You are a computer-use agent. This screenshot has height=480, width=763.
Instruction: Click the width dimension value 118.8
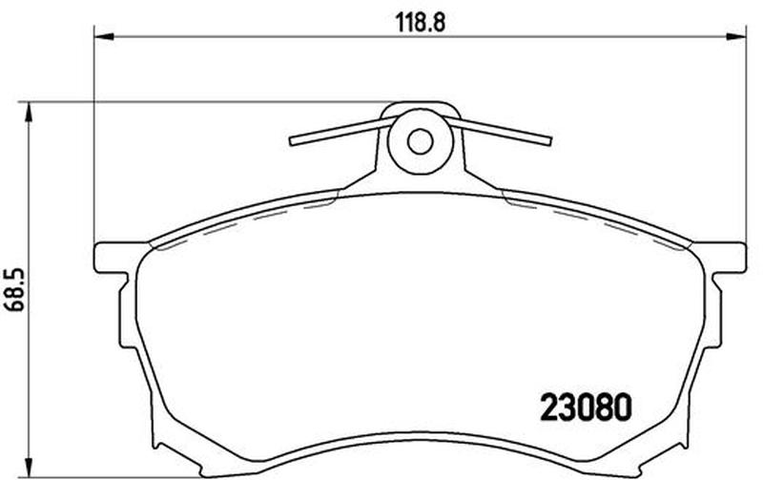[x=421, y=22]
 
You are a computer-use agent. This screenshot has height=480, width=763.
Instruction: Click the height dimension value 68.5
[x=13, y=290]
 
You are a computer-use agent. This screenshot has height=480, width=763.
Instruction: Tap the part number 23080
[x=587, y=407]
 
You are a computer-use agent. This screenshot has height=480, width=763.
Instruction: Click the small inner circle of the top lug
[x=420, y=141]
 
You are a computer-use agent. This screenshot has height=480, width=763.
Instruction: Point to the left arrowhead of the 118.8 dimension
[x=103, y=36]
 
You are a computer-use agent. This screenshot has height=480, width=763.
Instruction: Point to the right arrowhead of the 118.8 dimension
[x=735, y=36]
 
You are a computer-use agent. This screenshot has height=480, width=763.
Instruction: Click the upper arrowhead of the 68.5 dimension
[x=30, y=112]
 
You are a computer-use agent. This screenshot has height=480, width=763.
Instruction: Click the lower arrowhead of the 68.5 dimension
[x=30, y=469]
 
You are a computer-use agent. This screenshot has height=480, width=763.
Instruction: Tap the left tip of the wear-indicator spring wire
[x=292, y=141]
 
